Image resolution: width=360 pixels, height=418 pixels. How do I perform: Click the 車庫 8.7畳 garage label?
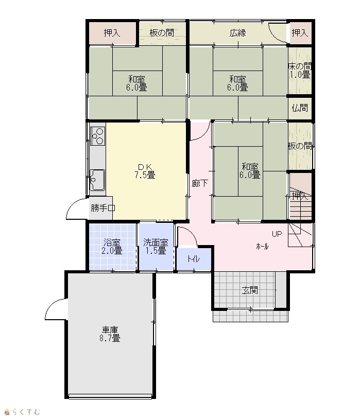(110, 334)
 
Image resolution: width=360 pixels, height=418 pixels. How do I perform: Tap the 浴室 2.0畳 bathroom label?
(112, 247)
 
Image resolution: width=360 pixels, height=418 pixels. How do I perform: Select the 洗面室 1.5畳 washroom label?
(156, 247)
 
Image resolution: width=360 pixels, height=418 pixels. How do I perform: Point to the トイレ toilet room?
(194, 259)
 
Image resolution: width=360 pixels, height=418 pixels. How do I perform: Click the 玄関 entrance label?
(250, 290)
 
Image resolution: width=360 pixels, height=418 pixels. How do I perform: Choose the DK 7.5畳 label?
(145, 171)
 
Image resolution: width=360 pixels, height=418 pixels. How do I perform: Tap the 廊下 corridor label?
(200, 183)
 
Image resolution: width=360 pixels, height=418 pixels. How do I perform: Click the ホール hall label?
(262, 247)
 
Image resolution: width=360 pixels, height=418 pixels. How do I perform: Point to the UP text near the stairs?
(277, 234)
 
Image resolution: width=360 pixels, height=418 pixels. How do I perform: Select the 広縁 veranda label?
(237, 33)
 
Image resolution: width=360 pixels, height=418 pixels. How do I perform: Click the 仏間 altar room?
(300, 108)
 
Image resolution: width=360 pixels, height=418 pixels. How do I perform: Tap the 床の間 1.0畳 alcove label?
(300, 71)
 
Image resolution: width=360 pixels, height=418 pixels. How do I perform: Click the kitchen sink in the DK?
(97, 180)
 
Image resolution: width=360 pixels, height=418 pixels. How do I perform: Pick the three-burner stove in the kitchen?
(98, 136)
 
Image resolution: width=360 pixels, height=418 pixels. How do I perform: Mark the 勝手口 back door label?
(103, 207)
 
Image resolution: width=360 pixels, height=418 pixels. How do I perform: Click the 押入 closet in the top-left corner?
(112, 33)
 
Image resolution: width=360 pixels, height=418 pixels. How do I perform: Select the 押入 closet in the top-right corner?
(300, 33)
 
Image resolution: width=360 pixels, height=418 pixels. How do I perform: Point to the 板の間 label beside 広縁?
(162, 33)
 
